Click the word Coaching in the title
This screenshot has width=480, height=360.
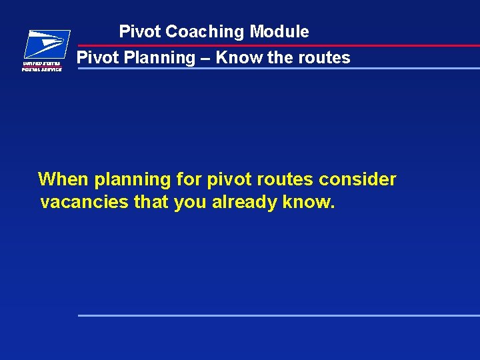click(x=205, y=31)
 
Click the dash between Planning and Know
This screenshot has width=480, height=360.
click(x=205, y=58)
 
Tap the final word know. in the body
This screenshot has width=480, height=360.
click(x=308, y=202)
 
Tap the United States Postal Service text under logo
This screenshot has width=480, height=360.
click(x=42, y=65)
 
